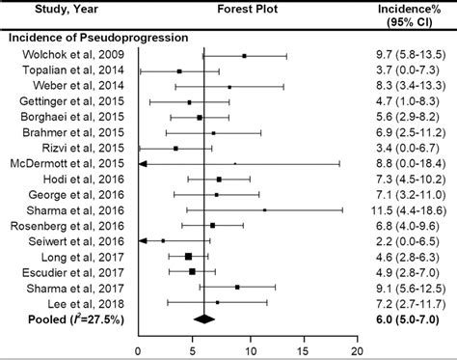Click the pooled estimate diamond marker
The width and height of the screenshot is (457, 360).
[203, 318]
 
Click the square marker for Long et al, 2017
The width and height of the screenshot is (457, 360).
[188, 257]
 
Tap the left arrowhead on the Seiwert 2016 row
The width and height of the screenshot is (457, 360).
[143, 241]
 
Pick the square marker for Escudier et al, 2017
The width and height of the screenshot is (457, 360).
[192, 272]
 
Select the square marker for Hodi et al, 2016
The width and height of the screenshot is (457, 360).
[219, 180]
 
